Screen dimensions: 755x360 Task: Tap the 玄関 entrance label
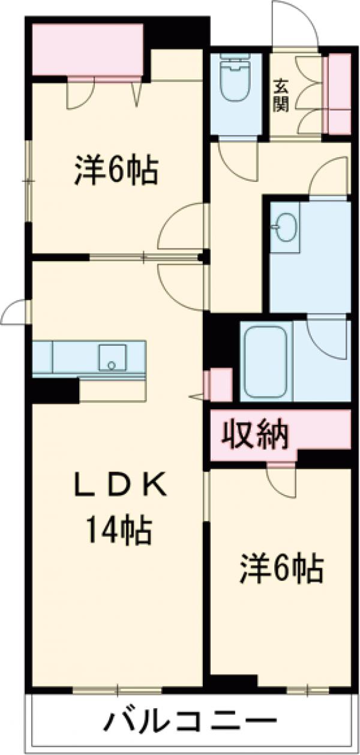[282, 97]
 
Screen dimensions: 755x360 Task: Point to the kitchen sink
[112, 358]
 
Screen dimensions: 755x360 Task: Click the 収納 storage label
[257, 433]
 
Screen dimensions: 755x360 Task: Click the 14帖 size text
[118, 529]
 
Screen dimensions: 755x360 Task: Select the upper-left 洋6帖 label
[116, 170]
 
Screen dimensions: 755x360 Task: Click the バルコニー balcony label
[192, 720]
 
